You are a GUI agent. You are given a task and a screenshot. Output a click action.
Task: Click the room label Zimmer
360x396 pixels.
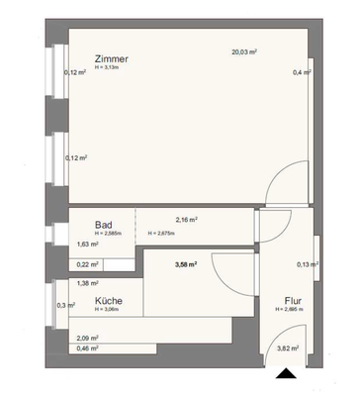[112, 57]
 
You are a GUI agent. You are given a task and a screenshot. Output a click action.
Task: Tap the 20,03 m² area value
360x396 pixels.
[244, 52]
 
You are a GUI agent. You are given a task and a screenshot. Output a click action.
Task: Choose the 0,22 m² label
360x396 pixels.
[89, 264]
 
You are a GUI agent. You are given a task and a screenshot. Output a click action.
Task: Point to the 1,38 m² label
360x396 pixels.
[89, 283]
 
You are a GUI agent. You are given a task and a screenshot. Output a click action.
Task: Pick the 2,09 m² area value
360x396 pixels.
[89, 338]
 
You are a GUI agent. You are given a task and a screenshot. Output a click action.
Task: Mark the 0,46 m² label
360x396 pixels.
[89, 348]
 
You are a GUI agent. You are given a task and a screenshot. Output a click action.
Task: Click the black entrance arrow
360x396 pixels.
[286, 374]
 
